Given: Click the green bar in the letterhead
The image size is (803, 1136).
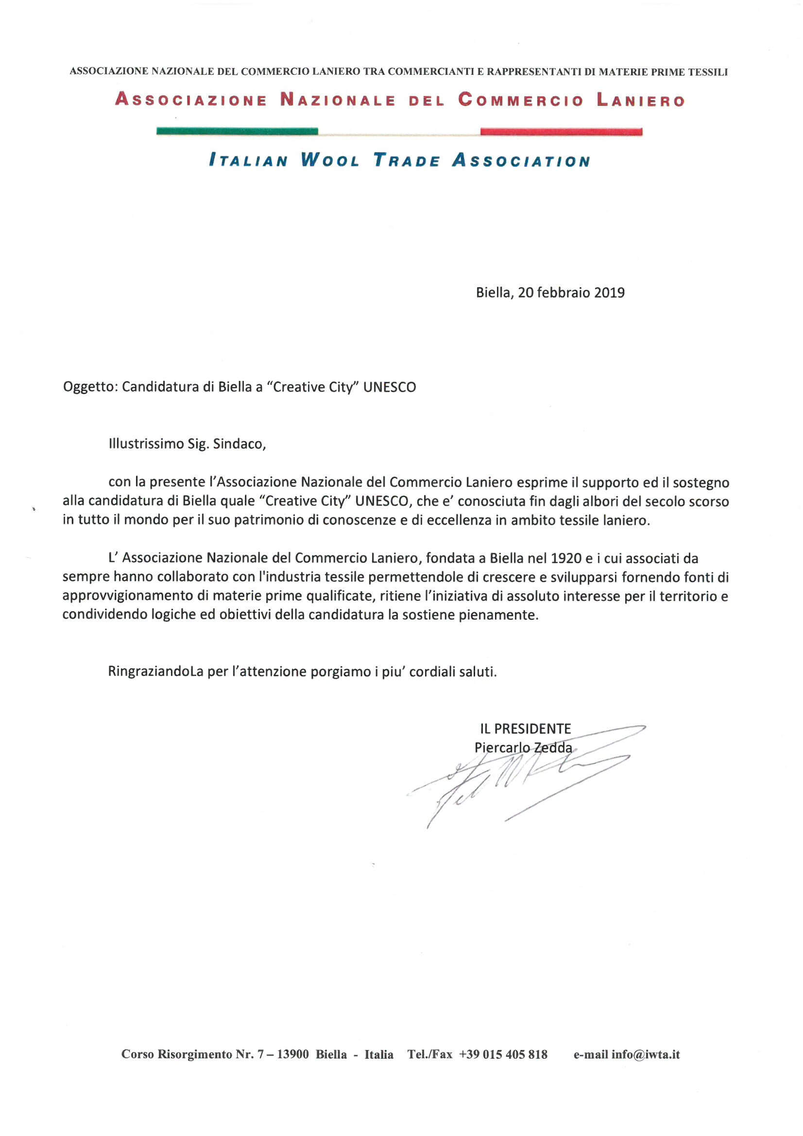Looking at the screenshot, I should [237, 132].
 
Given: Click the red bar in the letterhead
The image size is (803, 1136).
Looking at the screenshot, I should [561, 132].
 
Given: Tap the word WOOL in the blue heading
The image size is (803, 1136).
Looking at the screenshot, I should [330, 161].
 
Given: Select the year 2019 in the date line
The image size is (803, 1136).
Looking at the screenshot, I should [609, 293].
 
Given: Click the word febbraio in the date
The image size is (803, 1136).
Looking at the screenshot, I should [565, 293].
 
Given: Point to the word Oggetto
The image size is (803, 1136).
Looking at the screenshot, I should [89, 387].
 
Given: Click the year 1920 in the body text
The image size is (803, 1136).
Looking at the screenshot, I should [564, 559].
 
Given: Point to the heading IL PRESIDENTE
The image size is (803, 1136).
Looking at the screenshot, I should [525, 729].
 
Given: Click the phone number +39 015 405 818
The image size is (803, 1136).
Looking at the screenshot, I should [503, 1054].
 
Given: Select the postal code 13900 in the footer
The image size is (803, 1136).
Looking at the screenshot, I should [293, 1054].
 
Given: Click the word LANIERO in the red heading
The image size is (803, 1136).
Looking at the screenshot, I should [640, 101].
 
